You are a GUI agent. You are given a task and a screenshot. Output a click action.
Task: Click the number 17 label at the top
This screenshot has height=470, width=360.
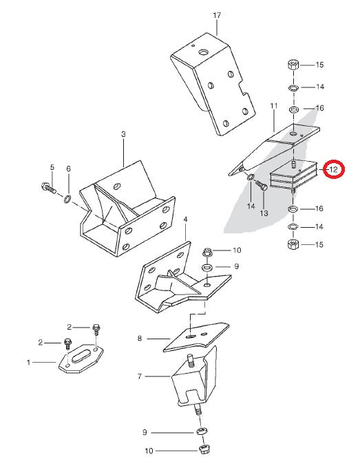coord(217,14)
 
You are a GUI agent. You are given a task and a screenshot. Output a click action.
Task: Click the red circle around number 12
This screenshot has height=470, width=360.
coord(334,168)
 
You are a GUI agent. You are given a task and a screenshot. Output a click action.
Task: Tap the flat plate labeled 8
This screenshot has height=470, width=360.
coord(197,337)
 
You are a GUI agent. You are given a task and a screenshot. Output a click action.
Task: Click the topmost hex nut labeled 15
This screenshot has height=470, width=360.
coord(292,66)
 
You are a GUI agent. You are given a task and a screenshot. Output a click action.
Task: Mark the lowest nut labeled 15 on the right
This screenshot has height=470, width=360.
coord(292,244)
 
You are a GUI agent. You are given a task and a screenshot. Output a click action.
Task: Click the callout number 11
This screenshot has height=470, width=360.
coord(273,106)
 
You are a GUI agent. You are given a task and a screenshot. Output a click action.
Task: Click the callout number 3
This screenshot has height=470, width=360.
coord(123,134)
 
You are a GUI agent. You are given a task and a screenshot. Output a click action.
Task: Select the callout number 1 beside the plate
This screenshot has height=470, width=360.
coord(28,361)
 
